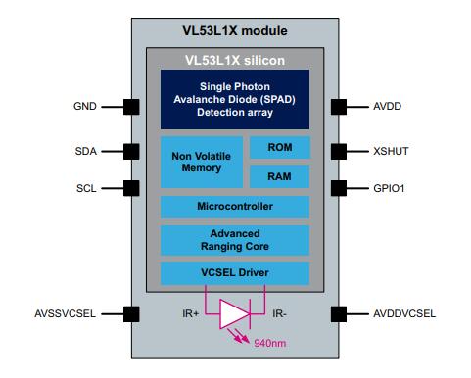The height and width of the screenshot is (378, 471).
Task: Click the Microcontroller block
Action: click(x=234, y=207)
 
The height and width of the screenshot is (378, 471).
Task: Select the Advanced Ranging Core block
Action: click(x=234, y=240)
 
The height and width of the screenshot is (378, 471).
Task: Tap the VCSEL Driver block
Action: click(x=234, y=271)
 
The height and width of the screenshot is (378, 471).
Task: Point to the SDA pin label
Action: click(x=85, y=151)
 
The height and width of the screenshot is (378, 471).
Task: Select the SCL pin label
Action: click(x=85, y=186)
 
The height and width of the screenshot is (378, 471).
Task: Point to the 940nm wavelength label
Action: click(x=269, y=344)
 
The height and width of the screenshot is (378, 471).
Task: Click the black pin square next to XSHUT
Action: click(x=339, y=151)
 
